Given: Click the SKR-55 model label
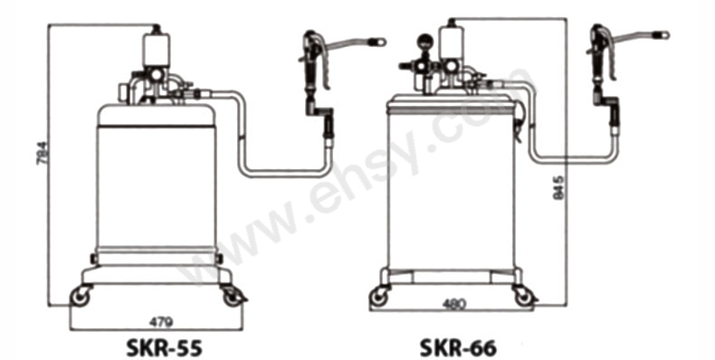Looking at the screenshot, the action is tap(163, 347).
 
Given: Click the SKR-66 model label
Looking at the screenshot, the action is tap(457, 347).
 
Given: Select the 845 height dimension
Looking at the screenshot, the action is tap(559, 188).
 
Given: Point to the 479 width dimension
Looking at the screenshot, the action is tap(160, 322).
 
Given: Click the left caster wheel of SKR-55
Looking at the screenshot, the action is tap(81, 297).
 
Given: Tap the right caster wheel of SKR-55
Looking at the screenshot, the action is tap(233, 297).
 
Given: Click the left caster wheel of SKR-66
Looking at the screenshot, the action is tap(378, 297).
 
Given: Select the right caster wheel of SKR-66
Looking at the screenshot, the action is tap(524, 297).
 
